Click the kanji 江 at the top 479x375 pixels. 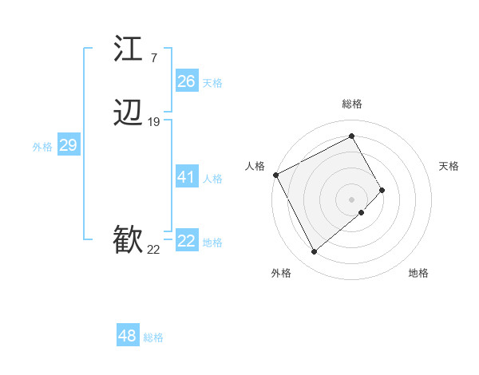[129, 49]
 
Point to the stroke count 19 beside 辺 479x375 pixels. [154, 122]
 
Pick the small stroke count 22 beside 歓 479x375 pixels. [153, 250]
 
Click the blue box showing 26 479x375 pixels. [186, 81]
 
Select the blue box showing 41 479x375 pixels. [186, 177]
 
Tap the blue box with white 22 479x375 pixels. [186, 241]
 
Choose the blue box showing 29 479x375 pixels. [68, 145]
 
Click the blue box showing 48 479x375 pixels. [127, 336]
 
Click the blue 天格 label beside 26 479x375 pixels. [212, 83]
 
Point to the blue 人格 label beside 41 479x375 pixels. [212, 179]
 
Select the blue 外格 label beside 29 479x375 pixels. [42, 147]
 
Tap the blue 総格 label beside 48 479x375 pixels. [153, 337]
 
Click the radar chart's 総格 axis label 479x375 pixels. [352, 105]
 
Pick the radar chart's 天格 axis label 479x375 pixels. [449, 166]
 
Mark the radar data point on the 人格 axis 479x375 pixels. [275, 174]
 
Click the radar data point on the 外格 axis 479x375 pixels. [314, 252]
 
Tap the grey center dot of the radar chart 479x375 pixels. [352, 199]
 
